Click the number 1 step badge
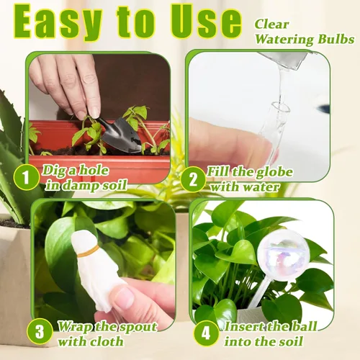tap(26, 178)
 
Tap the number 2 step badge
tap(193, 179)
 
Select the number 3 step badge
tap(40, 331)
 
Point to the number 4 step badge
tap(206, 333)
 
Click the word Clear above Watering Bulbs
tap(271, 24)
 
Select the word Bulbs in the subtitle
tap(336, 39)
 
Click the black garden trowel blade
tap(121, 135)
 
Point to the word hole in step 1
tap(94, 170)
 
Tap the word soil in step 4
tap(290, 341)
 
